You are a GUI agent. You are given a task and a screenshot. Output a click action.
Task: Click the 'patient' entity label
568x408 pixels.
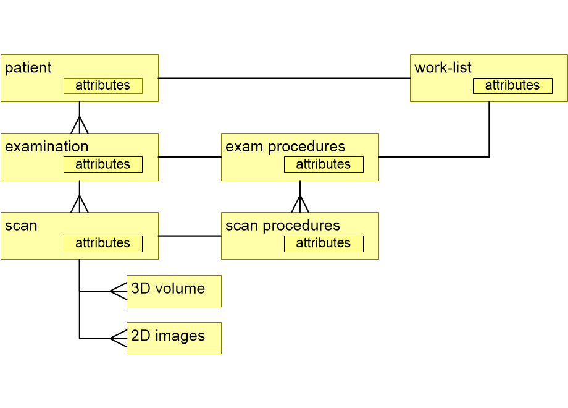28,68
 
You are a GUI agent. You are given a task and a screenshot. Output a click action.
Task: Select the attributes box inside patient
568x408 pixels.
103,86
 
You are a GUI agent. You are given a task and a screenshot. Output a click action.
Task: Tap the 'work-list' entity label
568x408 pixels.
443,68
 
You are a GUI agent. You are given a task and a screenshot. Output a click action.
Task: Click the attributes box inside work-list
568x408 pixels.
512,86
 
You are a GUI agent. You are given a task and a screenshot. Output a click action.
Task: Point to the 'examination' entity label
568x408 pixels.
47,147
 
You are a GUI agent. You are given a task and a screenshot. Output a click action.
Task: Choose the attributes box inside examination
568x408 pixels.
103,165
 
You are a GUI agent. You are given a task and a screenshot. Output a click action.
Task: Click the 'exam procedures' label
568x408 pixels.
285,147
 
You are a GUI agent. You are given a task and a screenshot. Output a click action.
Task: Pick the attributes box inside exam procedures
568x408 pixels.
324,165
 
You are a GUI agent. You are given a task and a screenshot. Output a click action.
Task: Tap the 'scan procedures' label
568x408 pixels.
283,226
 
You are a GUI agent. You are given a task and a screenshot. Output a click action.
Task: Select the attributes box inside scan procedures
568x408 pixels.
324,244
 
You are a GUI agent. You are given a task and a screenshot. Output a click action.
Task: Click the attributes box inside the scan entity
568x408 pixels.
103,244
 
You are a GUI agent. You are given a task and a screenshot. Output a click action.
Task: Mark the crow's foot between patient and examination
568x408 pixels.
80,125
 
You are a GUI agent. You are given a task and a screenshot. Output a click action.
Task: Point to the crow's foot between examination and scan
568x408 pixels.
80,204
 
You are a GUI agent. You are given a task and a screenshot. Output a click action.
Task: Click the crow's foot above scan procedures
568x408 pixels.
300,204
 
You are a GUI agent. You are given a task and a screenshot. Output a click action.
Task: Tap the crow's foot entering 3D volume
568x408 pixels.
118,291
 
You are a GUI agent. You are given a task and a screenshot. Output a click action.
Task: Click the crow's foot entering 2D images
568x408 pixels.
118,338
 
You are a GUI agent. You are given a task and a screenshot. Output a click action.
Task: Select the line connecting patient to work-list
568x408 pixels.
284,79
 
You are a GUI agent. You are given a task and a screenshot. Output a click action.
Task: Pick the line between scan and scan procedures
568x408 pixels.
190,236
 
